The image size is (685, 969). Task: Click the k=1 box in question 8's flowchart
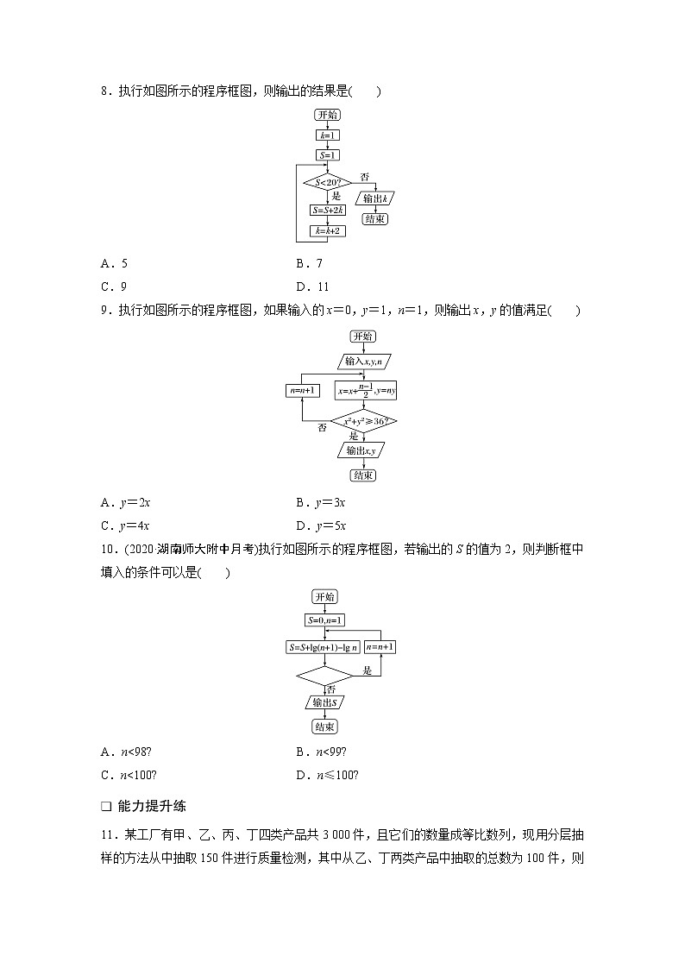tap(327, 135)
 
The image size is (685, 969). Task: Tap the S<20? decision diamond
tap(327, 182)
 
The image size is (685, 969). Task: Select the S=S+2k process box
tap(327, 211)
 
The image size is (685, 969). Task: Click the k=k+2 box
tap(327, 231)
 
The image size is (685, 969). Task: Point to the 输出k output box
tap(375, 198)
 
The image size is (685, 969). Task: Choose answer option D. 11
tap(312, 287)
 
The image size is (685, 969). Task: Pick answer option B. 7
tap(309, 264)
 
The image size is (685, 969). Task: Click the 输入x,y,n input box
tap(362, 361)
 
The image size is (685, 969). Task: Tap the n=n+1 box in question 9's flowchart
tap(303, 390)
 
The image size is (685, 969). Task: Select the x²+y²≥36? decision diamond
tap(362, 421)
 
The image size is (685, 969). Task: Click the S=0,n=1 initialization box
tap(325, 620)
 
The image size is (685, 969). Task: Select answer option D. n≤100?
tap(327, 774)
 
